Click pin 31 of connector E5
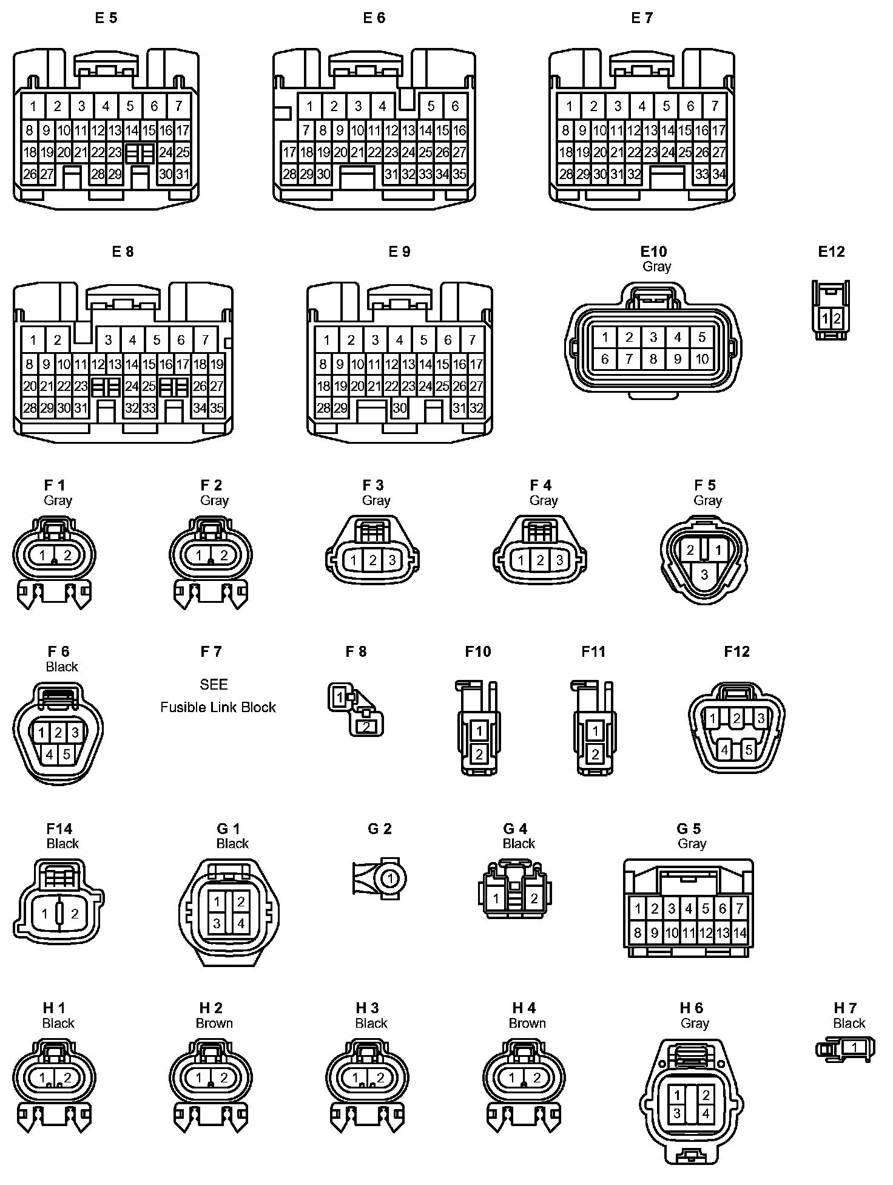[x=183, y=174]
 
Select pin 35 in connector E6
[x=459, y=174]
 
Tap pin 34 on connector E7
[x=719, y=174]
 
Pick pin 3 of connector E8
[x=108, y=340]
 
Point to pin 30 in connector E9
[x=399, y=408]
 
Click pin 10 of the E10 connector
[x=702, y=359]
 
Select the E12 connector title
[x=831, y=251]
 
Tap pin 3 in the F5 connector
[x=704, y=574]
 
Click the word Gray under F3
[x=376, y=500]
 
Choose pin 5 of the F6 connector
[x=67, y=755]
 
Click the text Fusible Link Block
[x=218, y=707]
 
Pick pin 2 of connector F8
[x=366, y=726]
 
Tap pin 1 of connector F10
[x=479, y=730]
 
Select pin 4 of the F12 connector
[x=724, y=750]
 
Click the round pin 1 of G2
[x=391, y=878]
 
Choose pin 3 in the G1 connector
[x=217, y=923]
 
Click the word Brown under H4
[x=527, y=1023]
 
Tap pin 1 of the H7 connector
[x=854, y=1047]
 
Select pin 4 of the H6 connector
[x=706, y=1115]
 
